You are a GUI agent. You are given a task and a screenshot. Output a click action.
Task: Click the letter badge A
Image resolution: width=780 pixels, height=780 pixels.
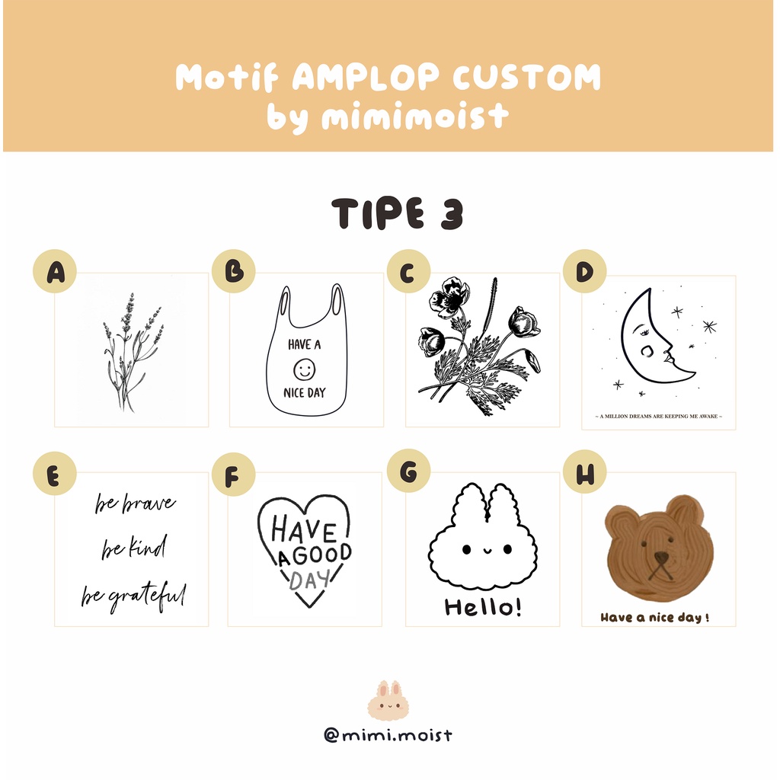coord(55,271)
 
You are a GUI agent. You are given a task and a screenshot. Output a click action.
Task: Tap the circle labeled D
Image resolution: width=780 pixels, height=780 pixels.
coord(584,271)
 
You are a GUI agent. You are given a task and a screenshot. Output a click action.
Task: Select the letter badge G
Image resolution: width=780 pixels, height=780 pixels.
coord(408,471)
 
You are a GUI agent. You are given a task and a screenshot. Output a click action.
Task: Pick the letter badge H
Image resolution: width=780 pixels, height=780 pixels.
coord(584,472)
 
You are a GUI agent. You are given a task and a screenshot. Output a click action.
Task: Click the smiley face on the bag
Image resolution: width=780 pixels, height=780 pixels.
coord(305,369)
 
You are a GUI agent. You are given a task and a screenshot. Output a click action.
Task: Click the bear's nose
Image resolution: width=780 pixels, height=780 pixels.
coord(661,558)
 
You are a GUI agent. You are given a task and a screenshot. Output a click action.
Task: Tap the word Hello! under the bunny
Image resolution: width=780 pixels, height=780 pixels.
coord(483,607)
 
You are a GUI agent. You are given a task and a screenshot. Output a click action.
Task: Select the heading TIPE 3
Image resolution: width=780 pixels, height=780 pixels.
coord(398,213)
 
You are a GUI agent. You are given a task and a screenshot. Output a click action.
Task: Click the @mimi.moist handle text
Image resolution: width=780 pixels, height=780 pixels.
coord(388,735)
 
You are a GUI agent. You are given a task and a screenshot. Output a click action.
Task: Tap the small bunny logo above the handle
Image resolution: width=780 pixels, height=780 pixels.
coord(388,699)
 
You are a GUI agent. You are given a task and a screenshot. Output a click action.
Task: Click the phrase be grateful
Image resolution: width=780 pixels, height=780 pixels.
coord(134,596)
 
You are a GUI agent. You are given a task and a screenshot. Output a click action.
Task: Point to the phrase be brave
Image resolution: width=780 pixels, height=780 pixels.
coord(136,503)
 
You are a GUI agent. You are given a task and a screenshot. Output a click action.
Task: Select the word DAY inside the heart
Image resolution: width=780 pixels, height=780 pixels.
coord(309,579)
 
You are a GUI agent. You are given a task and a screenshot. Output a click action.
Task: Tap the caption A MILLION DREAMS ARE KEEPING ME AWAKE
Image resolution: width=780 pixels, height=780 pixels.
coord(659,417)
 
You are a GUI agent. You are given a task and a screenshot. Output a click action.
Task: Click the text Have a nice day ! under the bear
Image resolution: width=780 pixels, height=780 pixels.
coord(654,617)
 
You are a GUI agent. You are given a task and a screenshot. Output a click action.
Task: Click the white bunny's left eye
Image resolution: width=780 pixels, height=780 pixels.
coord(467,549)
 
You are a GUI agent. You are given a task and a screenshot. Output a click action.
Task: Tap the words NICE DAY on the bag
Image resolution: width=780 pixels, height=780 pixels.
coord(305,393)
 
